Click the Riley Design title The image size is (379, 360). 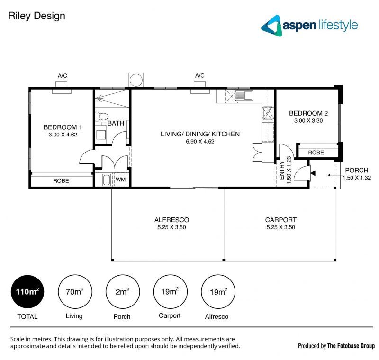[x=36, y=16]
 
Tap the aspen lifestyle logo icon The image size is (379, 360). [x=271, y=25]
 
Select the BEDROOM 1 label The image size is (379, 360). [x=63, y=127]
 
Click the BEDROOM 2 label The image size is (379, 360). [x=308, y=113]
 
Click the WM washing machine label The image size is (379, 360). [x=120, y=180]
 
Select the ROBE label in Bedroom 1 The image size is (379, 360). [x=61, y=181]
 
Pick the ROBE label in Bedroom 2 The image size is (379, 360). [x=316, y=153]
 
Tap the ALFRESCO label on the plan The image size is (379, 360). [x=171, y=220]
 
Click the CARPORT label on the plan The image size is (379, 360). [x=281, y=220]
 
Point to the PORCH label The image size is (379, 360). [x=356, y=171]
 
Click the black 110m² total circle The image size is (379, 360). [x=27, y=292]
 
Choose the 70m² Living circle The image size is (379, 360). [x=75, y=292]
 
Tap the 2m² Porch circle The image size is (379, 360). [x=122, y=292]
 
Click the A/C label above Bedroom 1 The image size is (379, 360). [x=62, y=76]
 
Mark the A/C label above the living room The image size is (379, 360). [x=199, y=76]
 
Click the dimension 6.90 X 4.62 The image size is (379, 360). [x=200, y=141]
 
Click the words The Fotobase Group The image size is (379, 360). [x=351, y=346]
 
